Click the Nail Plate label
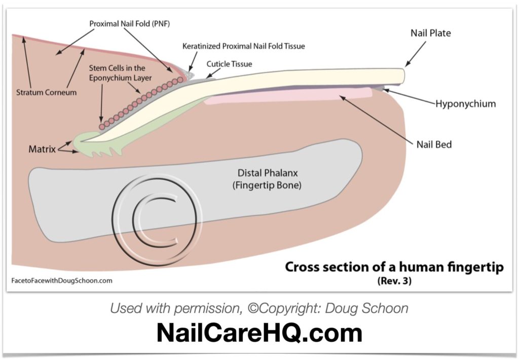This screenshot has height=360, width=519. [x=430, y=33]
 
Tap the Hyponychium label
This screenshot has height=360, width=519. [x=465, y=104]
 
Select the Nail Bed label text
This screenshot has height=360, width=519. [x=434, y=145]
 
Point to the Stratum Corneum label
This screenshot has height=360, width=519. [x=46, y=93]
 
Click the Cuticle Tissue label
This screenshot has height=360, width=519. [x=229, y=64]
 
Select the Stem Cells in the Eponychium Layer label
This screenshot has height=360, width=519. [x=117, y=72]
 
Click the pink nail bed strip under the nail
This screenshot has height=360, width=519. [x=289, y=96]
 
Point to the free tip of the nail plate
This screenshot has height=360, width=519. [x=400, y=76]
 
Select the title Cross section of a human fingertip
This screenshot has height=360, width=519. [x=394, y=267]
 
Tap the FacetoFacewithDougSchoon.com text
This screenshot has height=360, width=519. [x=61, y=280]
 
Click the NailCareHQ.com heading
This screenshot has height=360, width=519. [x=259, y=333]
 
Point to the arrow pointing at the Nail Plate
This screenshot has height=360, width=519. [x=414, y=55]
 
